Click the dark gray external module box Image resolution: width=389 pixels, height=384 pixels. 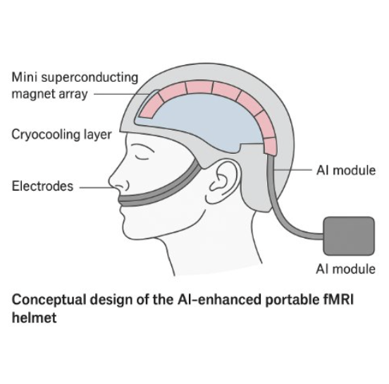tap(349, 236)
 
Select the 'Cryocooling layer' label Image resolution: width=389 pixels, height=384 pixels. tap(61, 135)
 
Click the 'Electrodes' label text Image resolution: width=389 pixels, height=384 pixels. tap(42, 186)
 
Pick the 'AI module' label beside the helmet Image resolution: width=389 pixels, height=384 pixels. tap(346, 171)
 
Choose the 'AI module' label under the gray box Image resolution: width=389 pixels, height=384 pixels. tap(345, 269)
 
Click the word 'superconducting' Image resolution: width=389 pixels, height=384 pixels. tap(89, 78)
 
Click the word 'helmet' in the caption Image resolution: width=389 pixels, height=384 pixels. tap(35, 318)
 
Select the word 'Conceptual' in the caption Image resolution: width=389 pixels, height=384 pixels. tap(49, 300)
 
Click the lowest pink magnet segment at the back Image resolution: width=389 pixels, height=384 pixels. tap(270, 147)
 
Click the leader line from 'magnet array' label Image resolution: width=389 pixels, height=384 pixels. tap(122, 94)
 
